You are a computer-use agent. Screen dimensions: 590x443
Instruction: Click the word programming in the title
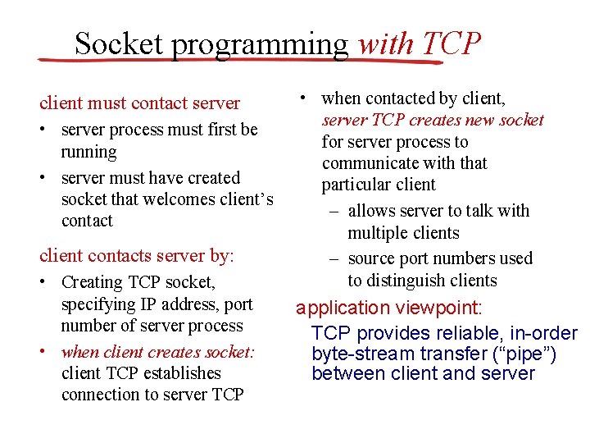pos(260,44)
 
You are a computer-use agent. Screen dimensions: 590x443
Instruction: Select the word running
pos(88,152)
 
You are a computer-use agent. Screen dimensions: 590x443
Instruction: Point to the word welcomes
pos(176,199)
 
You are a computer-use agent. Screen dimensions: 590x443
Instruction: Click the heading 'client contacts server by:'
pos(137,255)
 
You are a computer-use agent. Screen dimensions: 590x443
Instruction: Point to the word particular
pos(354,185)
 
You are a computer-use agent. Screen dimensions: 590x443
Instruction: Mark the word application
pos(343,308)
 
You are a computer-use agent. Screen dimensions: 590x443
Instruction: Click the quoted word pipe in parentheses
pos(529,354)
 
